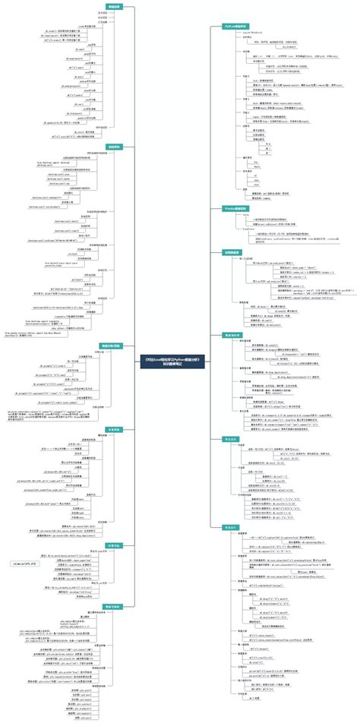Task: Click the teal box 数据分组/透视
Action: pos(112,345)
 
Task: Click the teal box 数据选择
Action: pos(230,439)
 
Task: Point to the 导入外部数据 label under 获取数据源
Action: pos(250,258)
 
